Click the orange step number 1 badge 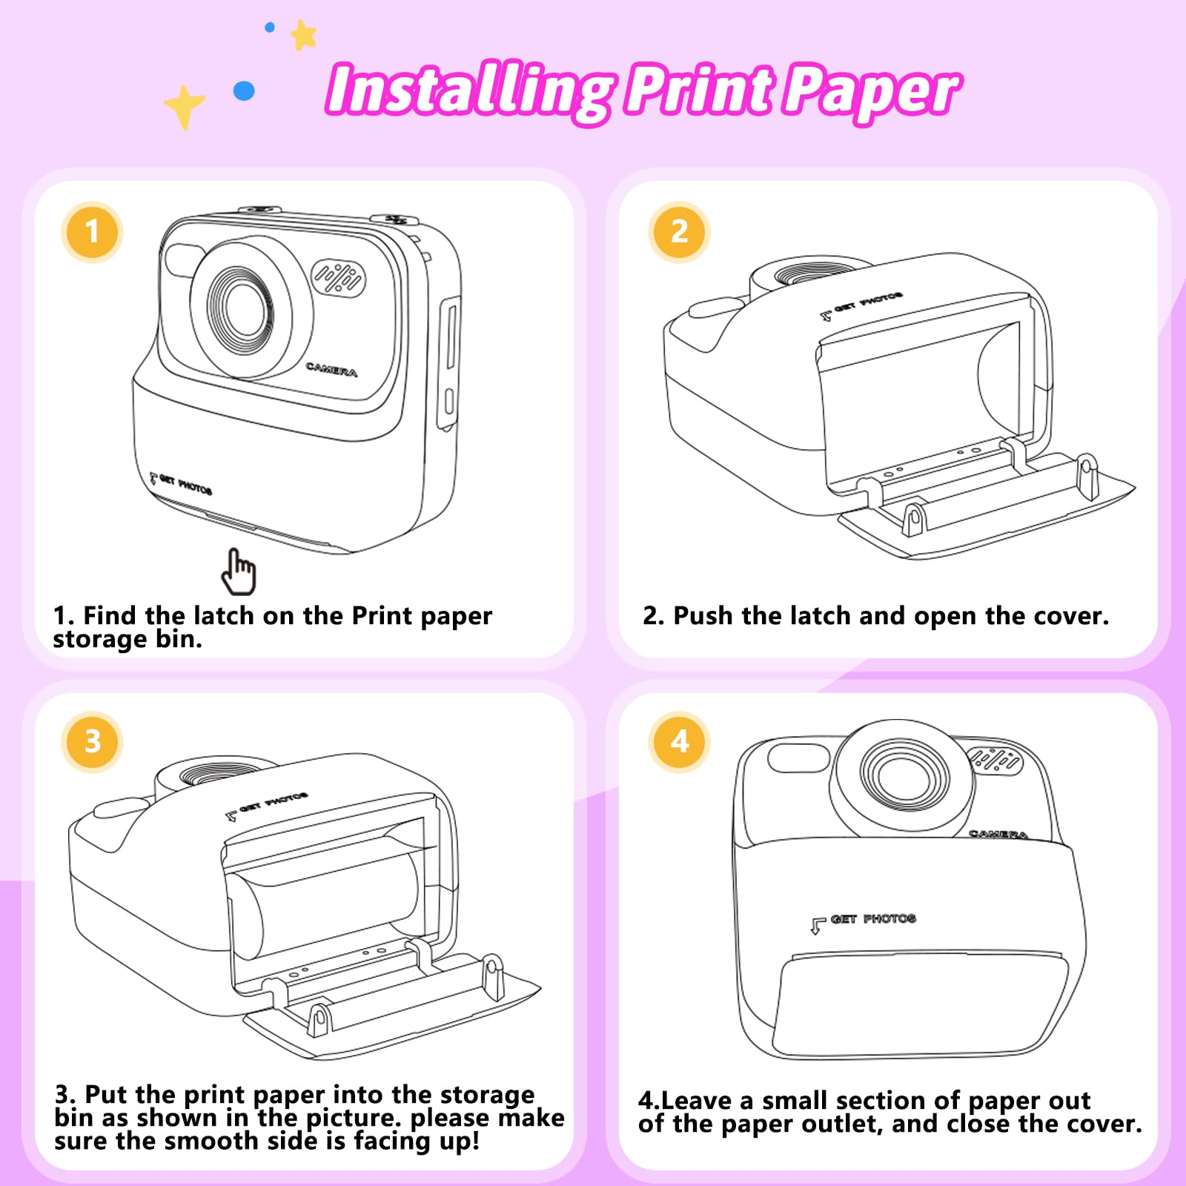coord(92,232)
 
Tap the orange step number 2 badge coord(679,232)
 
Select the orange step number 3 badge coord(92,741)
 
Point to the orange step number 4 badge coord(679,741)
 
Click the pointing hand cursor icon coord(239,572)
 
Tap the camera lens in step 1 coord(241,307)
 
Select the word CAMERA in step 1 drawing coord(331,369)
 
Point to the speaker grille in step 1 coord(338,278)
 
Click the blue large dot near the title coord(244,91)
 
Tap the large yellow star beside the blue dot coord(184,106)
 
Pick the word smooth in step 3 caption coord(211,1140)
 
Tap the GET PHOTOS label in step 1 coord(181,484)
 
